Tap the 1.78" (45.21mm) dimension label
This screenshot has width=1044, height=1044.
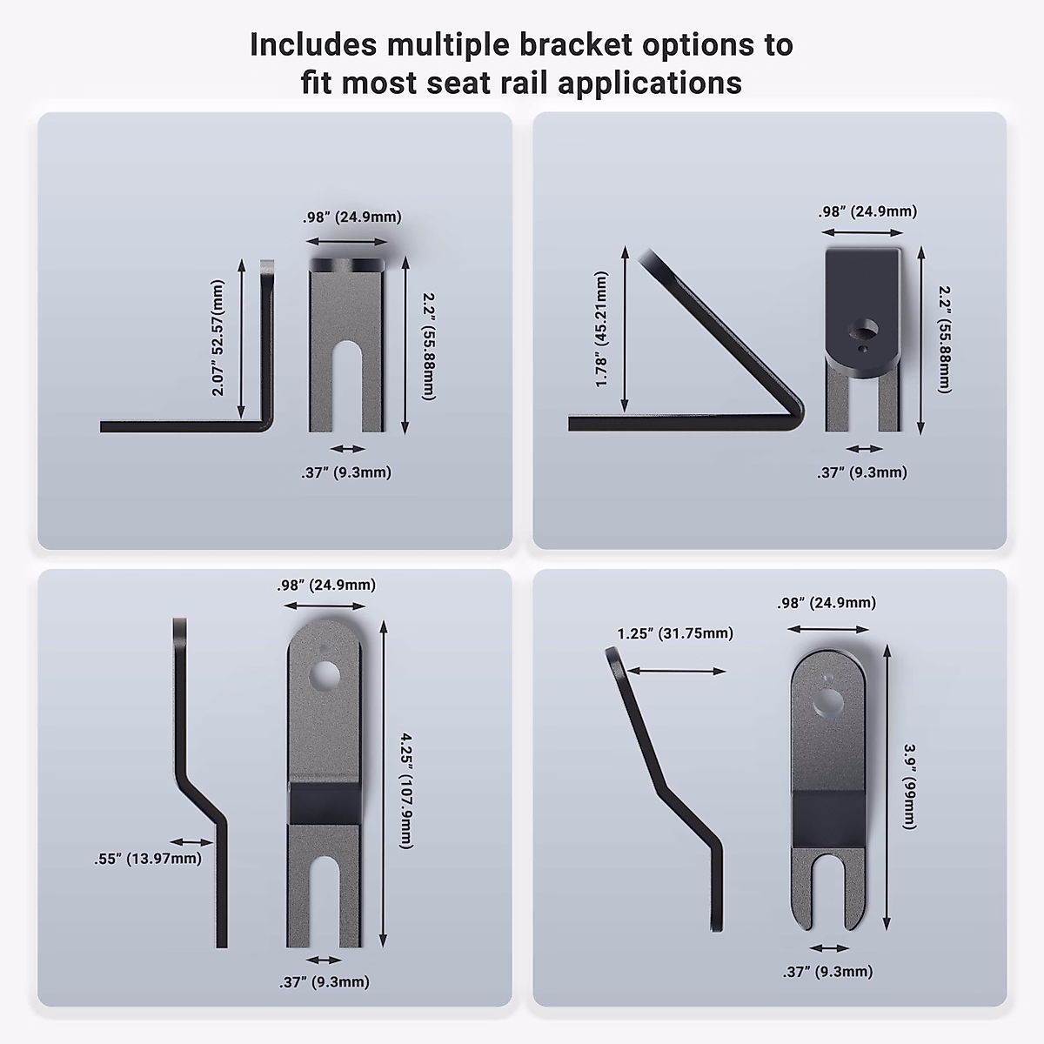coord(601,330)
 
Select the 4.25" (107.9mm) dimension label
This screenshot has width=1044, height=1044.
coord(406,791)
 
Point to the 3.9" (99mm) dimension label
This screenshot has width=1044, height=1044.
coord(910,786)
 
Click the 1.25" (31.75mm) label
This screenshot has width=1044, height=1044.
coord(675,633)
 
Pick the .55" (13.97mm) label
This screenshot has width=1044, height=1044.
coord(148,859)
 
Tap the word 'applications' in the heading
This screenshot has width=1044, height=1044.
coord(650,84)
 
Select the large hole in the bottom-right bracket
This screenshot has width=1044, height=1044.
coord(828,703)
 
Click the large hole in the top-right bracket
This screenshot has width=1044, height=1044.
coord(864,330)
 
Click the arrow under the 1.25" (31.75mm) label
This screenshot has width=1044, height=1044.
coord(675,671)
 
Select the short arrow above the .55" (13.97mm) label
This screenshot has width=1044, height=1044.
coord(192,841)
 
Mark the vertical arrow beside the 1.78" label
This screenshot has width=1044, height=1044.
coord(625,329)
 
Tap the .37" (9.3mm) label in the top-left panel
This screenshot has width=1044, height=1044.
coord(346,472)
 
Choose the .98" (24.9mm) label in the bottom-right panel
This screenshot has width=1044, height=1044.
coord(826,603)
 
